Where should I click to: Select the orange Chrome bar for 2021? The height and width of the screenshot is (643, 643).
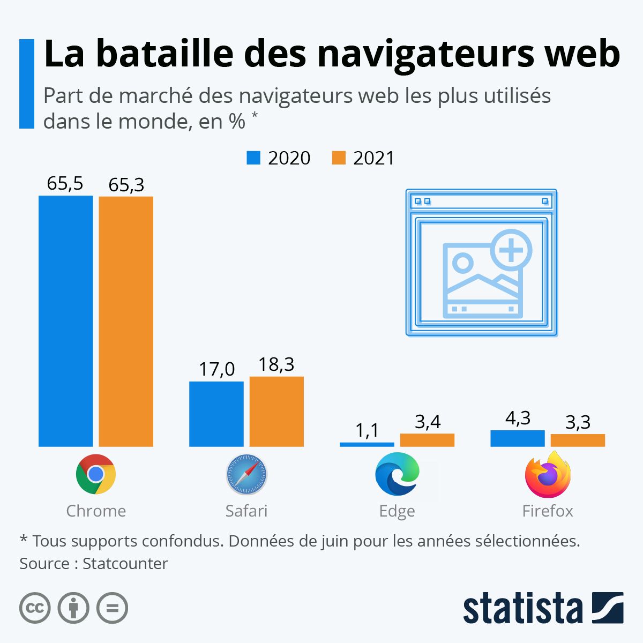[126, 321]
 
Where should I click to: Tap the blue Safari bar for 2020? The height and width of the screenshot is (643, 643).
[216, 414]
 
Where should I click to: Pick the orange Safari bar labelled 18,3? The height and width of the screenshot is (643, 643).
[276, 411]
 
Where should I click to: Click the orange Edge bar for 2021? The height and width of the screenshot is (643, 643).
[427, 440]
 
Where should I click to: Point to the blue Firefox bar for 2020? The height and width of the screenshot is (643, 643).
[517, 438]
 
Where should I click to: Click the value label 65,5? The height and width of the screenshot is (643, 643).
[65, 184]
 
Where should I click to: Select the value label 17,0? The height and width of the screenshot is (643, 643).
[216, 369]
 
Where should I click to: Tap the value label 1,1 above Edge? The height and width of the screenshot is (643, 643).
[367, 430]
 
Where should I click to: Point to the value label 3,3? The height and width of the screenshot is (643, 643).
[578, 422]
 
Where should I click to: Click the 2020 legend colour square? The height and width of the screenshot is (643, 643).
[253, 158]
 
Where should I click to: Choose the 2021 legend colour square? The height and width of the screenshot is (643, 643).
[339, 158]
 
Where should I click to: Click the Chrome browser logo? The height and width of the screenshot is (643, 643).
[96, 474]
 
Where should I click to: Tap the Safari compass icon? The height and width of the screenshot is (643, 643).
[246, 474]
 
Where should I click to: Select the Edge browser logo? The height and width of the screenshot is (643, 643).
[397, 474]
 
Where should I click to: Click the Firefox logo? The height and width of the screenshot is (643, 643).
[547, 474]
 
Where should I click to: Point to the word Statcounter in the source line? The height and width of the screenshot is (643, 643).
[125, 564]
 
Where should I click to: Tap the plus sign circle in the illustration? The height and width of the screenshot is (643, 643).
[511, 250]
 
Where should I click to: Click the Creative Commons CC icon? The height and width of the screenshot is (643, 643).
[35, 608]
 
